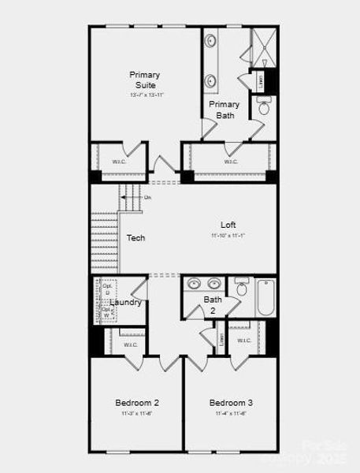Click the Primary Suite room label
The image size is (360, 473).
[x=145, y=80]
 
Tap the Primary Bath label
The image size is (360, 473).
[x=225, y=110]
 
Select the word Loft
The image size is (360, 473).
[x=228, y=224]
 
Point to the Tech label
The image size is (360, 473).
[x=135, y=237]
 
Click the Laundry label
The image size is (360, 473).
[x=126, y=302]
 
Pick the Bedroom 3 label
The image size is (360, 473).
[x=231, y=402]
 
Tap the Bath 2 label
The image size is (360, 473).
[x=213, y=304]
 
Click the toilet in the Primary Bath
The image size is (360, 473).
[x=263, y=109]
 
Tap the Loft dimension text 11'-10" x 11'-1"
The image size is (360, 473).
[x=228, y=236]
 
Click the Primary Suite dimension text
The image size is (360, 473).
[x=145, y=95]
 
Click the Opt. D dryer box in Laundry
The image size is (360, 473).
[x=107, y=289]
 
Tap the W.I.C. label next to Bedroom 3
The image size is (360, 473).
[x=243, y=341]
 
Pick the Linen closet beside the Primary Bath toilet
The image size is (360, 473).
[x=259, y=80]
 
